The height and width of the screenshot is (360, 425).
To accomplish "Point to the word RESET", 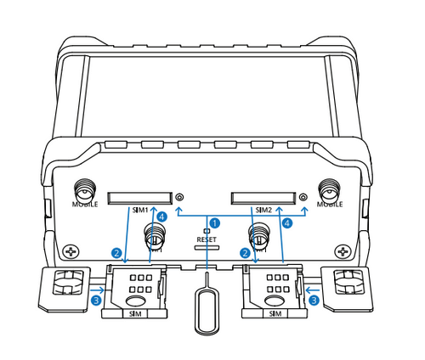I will tap(207, 240).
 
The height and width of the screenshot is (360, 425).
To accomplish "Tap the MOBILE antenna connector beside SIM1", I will tap(84, 190).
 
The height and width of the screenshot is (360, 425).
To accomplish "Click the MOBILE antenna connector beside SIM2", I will tap(328, 190).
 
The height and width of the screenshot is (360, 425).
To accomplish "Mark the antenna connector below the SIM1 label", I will tap(155, 235).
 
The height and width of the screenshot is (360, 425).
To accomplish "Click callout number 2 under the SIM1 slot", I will tap(116, 252).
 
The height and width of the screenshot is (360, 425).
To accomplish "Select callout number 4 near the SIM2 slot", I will tap(287, 223).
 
